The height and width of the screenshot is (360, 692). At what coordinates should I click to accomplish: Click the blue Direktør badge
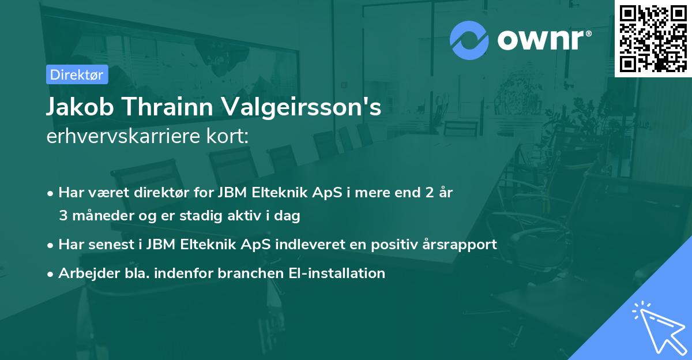coord(77,74)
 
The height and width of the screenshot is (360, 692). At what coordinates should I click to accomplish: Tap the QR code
coord(653,38)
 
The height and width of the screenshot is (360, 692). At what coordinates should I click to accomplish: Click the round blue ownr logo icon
coord(469,40)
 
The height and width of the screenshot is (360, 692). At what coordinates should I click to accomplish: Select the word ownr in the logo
coord(542,40)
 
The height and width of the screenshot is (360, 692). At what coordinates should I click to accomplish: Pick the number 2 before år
coord(428,193)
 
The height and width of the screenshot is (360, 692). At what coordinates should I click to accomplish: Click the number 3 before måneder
coord(63,216)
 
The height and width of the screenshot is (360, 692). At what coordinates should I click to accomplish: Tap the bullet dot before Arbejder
coord(51,273)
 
